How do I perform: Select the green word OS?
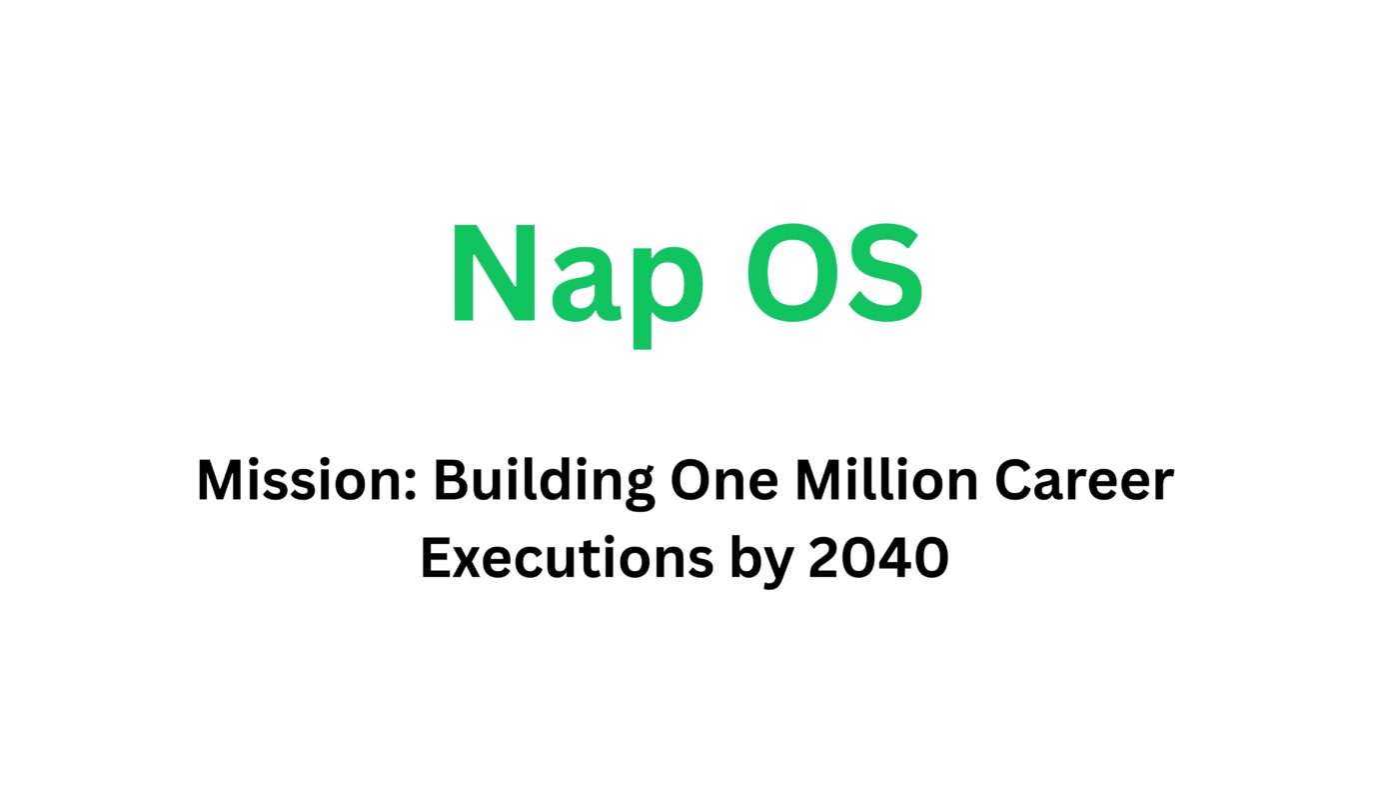834,275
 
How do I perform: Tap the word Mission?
304,481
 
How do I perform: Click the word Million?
886,481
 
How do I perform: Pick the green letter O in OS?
789,275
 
